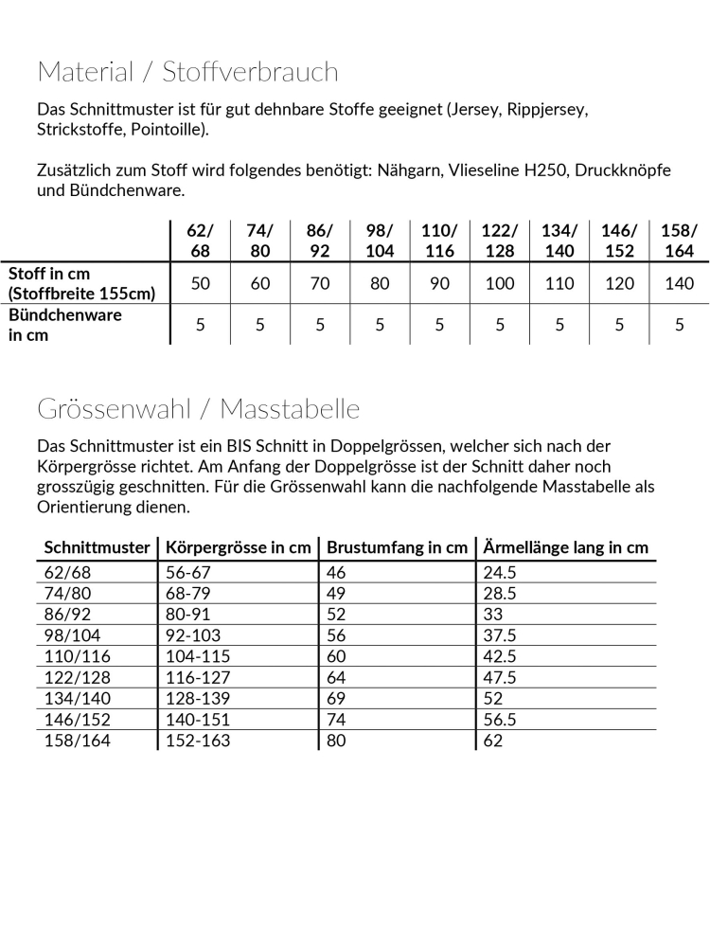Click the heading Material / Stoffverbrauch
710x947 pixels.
(187, 72)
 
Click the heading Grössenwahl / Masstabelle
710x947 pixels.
(199, 408)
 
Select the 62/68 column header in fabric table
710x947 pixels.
(201, 241)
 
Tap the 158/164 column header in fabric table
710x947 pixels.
(679, 241)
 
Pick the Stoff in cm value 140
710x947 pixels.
(680, 283)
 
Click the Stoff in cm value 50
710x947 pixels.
(201, 283)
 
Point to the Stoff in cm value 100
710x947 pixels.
(500, 283)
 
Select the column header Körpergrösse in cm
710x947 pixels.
(239, 547)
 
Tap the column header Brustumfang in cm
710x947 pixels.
(397, 547)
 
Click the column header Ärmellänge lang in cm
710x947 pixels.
(565, 547)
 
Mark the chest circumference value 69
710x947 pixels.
(336, 698)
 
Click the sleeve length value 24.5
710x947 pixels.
(499, 572)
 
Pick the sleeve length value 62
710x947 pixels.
(492, 740)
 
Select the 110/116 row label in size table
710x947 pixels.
(77, 656)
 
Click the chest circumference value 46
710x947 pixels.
(336, 572)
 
